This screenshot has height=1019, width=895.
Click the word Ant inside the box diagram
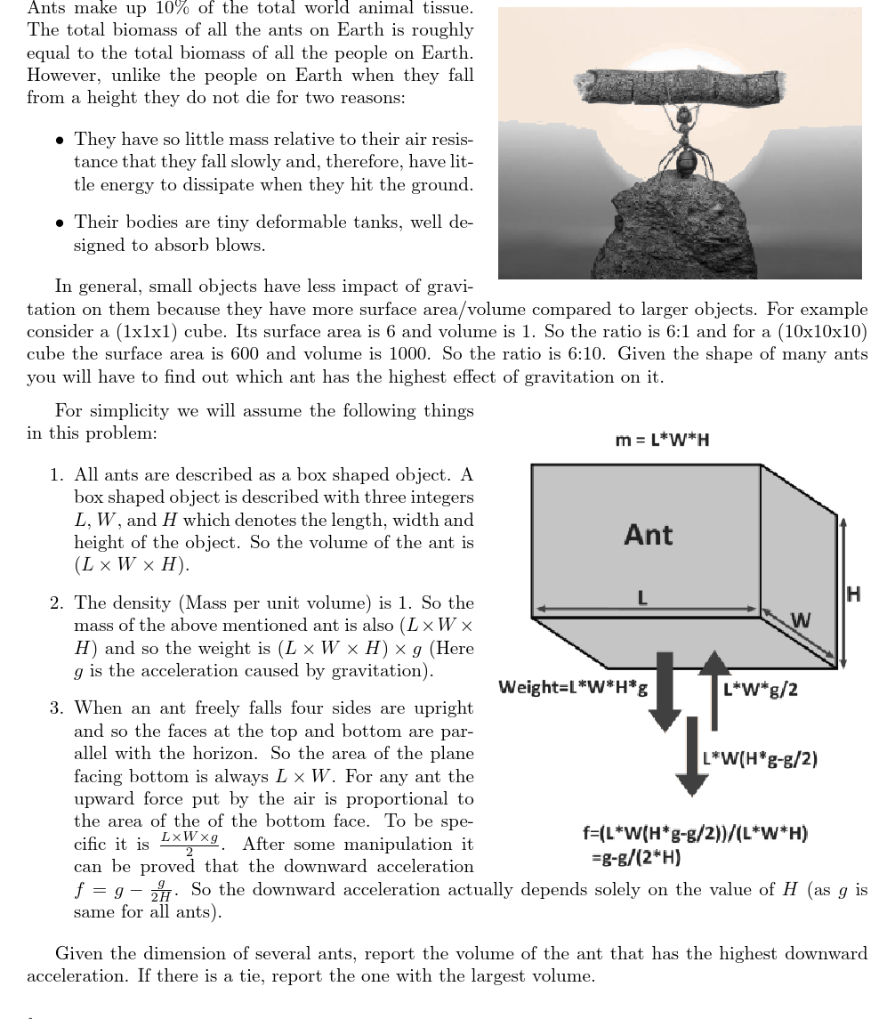649,535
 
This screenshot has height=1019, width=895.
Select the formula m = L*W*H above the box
663,440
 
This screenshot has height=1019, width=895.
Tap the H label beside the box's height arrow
854,594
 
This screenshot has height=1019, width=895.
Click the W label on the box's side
801,620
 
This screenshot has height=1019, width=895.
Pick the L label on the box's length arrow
641,599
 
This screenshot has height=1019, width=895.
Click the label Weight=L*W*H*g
573,687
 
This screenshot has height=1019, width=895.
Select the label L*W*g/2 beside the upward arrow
761,690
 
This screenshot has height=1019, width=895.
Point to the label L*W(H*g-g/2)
760,758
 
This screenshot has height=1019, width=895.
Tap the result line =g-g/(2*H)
637,858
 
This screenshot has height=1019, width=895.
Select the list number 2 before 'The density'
54,603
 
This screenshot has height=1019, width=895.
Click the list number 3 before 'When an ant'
54,708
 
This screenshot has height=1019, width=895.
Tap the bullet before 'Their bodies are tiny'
59,222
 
